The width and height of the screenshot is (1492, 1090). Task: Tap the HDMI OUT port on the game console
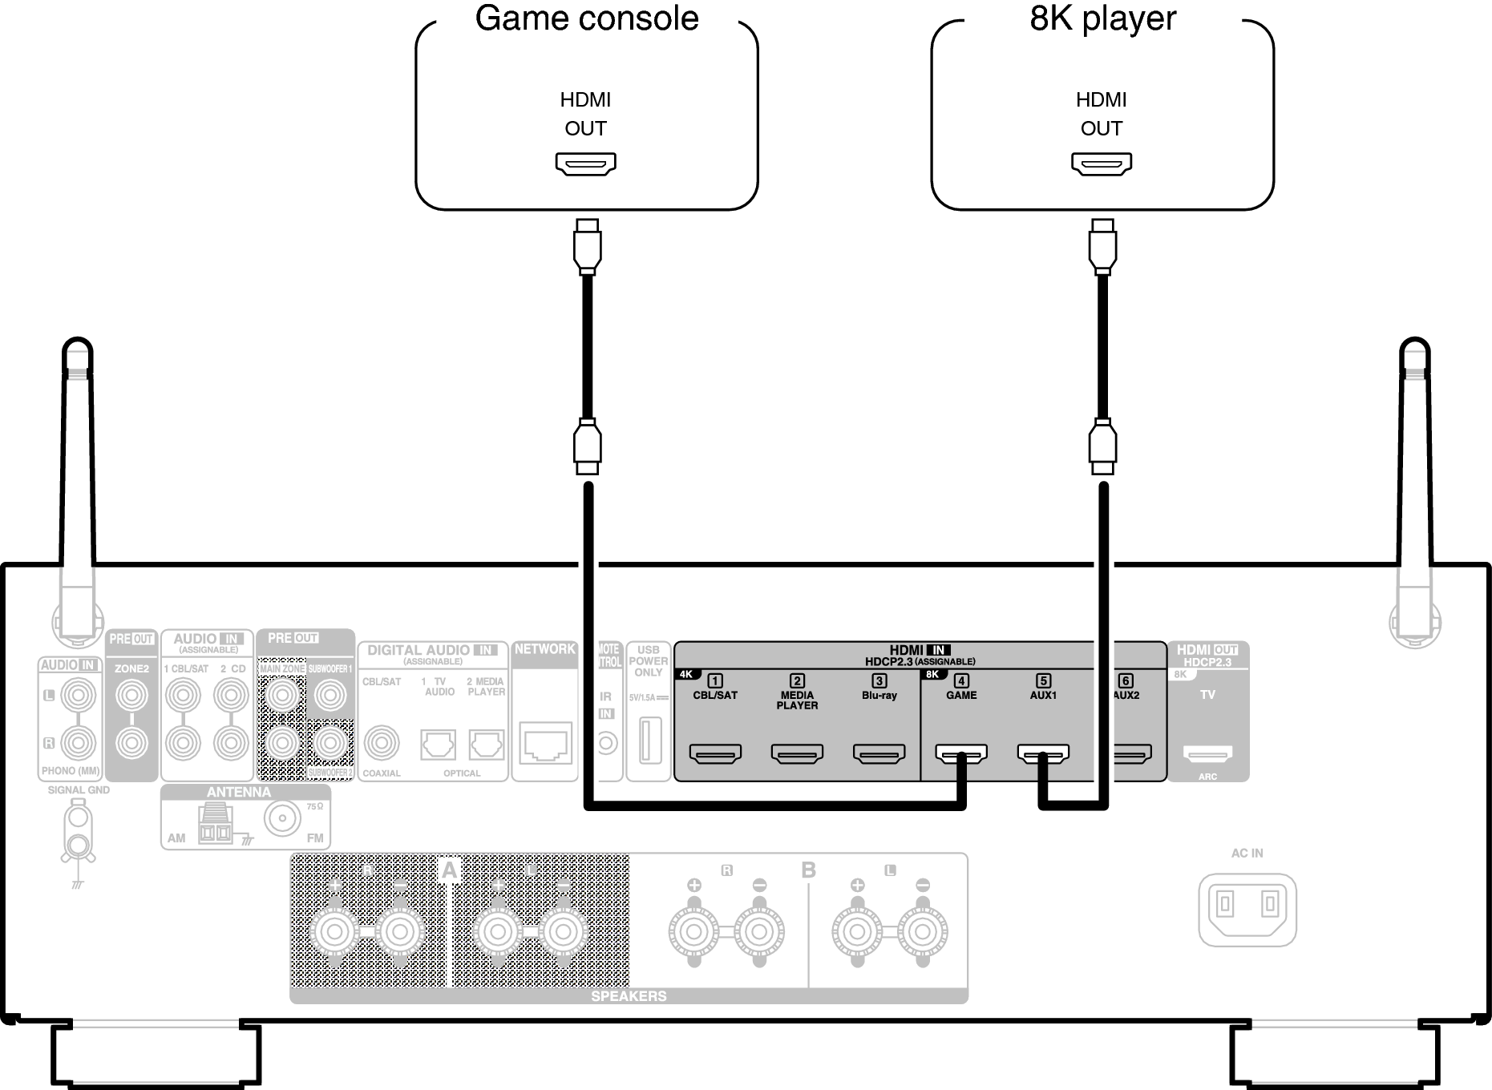586,163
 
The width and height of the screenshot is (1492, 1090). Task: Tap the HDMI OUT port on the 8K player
1102,163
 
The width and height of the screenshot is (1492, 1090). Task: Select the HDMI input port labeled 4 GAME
961,753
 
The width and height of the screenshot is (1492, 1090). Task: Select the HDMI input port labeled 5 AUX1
1043,753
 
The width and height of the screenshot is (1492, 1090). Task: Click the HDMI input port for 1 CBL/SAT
715,753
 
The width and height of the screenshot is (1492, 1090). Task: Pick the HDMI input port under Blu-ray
879,753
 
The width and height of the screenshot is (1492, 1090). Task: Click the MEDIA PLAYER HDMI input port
797,753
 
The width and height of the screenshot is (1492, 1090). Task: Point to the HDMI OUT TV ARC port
1207,753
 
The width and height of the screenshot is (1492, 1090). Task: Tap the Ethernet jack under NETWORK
546,744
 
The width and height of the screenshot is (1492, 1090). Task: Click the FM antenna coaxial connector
282,820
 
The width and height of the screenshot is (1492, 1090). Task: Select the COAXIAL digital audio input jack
381,743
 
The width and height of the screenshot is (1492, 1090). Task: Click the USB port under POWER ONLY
648,741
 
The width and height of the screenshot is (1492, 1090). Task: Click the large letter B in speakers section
808,870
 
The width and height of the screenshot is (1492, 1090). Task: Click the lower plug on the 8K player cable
1102,446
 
